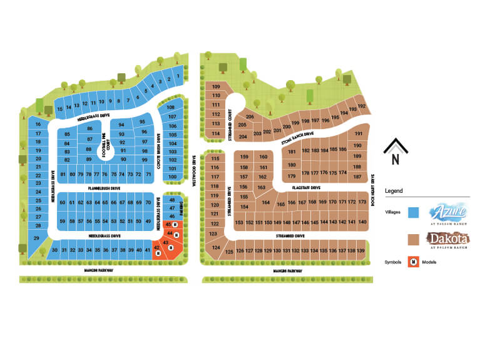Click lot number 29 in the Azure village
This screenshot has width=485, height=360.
point(36,239)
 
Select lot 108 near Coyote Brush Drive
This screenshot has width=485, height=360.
point(171,108)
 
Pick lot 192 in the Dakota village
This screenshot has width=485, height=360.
point(360,106)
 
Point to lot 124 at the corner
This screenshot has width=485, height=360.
point(216,248)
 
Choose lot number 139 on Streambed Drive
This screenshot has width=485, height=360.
point(360,251)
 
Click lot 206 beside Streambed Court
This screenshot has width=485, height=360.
point(250,117)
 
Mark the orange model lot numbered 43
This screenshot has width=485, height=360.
point(165,241)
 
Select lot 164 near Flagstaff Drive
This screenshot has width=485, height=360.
point(266,203)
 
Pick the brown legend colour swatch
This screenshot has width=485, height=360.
point(413,239)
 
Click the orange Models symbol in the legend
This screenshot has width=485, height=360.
point(413,262)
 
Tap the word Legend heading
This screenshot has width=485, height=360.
point(394,190)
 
